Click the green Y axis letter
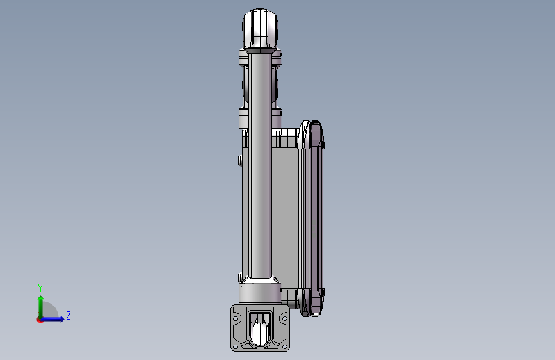click(40, 288)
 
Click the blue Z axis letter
click(68, 315)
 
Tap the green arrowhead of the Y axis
click(41, 299)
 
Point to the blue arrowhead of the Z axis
click(62, 319)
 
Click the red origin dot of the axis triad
click(40, 320)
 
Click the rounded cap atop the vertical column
click(260, 29)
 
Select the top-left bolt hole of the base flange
click(236, 318)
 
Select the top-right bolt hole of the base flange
click(284, 318)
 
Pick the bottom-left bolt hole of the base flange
click(236, 347)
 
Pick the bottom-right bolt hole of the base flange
click(284, 347)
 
